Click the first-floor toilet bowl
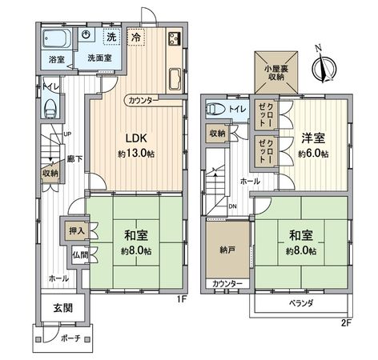click(52, 104)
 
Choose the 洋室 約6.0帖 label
click(312, 146)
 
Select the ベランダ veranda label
click(301, 305)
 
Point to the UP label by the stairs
click(67, 134)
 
